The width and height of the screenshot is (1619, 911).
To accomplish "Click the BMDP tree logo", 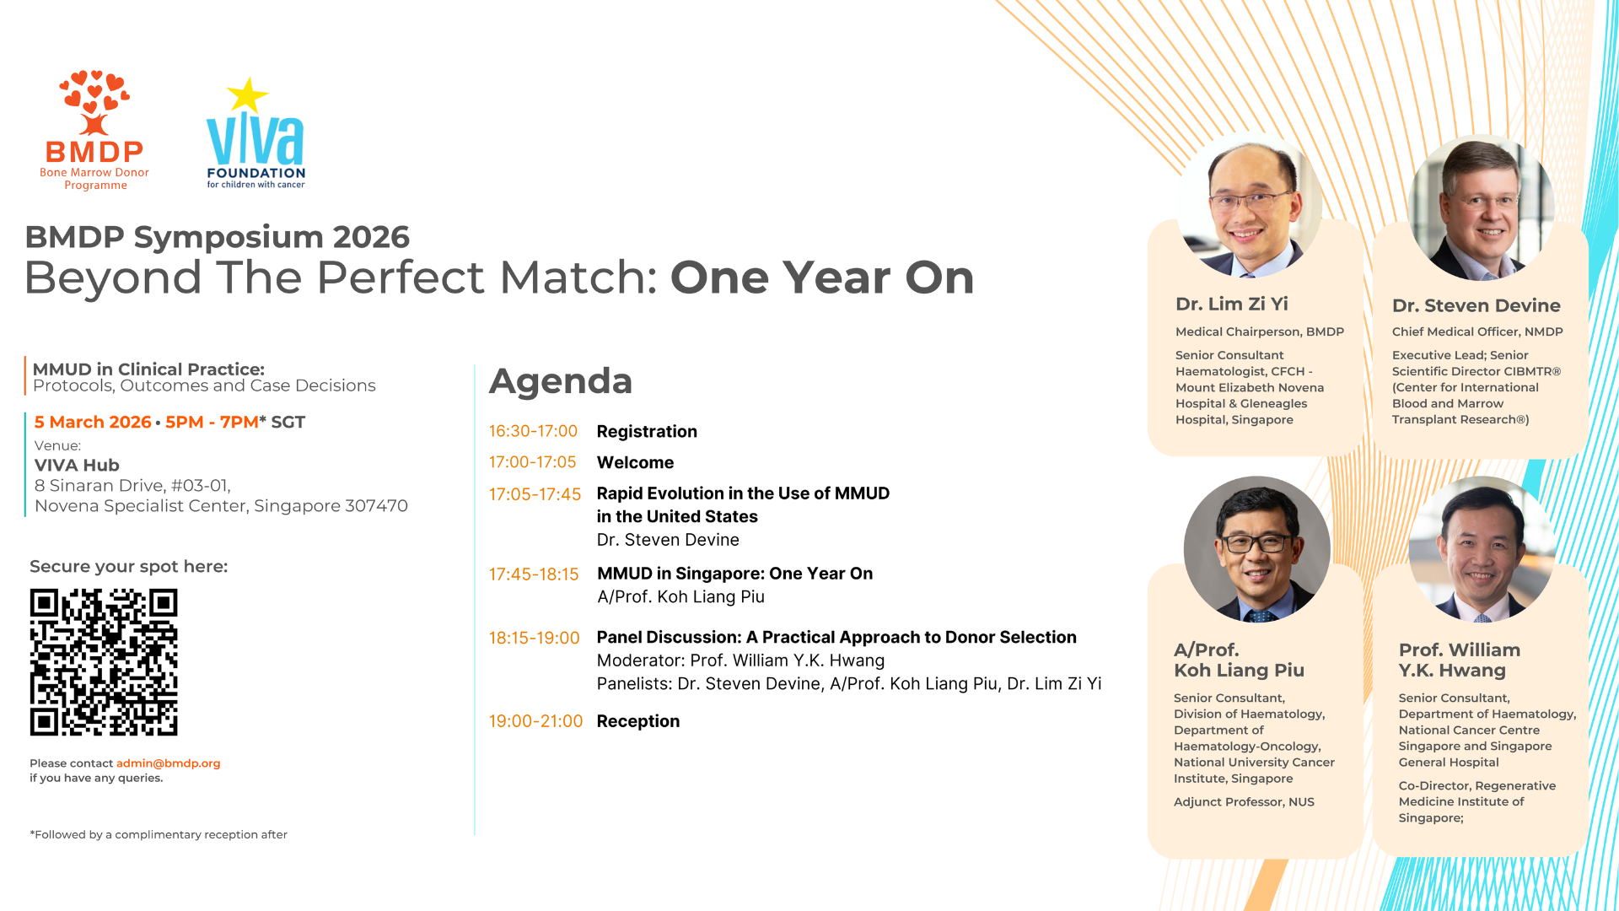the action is point(94,102).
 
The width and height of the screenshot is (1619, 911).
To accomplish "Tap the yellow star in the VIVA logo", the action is point(247,95).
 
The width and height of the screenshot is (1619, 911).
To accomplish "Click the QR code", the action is point(104,662).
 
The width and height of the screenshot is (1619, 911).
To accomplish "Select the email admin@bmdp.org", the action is point(169,763).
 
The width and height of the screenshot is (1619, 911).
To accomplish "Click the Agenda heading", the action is point(561,380).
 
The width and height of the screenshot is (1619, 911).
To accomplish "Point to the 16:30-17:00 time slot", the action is point(533,431).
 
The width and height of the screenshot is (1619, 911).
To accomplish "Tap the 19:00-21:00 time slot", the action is point(535,721).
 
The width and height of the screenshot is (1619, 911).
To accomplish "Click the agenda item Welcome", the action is point(635,462).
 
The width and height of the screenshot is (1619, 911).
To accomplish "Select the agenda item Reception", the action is point(638,721).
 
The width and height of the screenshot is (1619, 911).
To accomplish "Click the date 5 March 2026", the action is point(93,422).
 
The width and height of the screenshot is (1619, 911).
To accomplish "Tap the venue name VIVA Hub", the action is point(77,466).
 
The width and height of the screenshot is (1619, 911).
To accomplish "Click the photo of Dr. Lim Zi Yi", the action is point(1250,205).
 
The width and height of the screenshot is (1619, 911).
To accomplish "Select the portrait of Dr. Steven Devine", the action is point(1482,208).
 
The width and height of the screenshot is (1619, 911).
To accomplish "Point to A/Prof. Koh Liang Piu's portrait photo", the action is point(1256,549).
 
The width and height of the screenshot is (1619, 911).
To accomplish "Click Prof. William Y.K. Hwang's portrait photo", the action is point(1482,549).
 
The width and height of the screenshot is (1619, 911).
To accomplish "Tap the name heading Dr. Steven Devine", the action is point(1476,305).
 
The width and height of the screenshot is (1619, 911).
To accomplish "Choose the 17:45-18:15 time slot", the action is point(534,574).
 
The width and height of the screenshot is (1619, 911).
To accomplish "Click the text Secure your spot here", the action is point(129,567).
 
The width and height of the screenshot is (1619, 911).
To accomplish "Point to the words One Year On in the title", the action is point(822,278).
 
